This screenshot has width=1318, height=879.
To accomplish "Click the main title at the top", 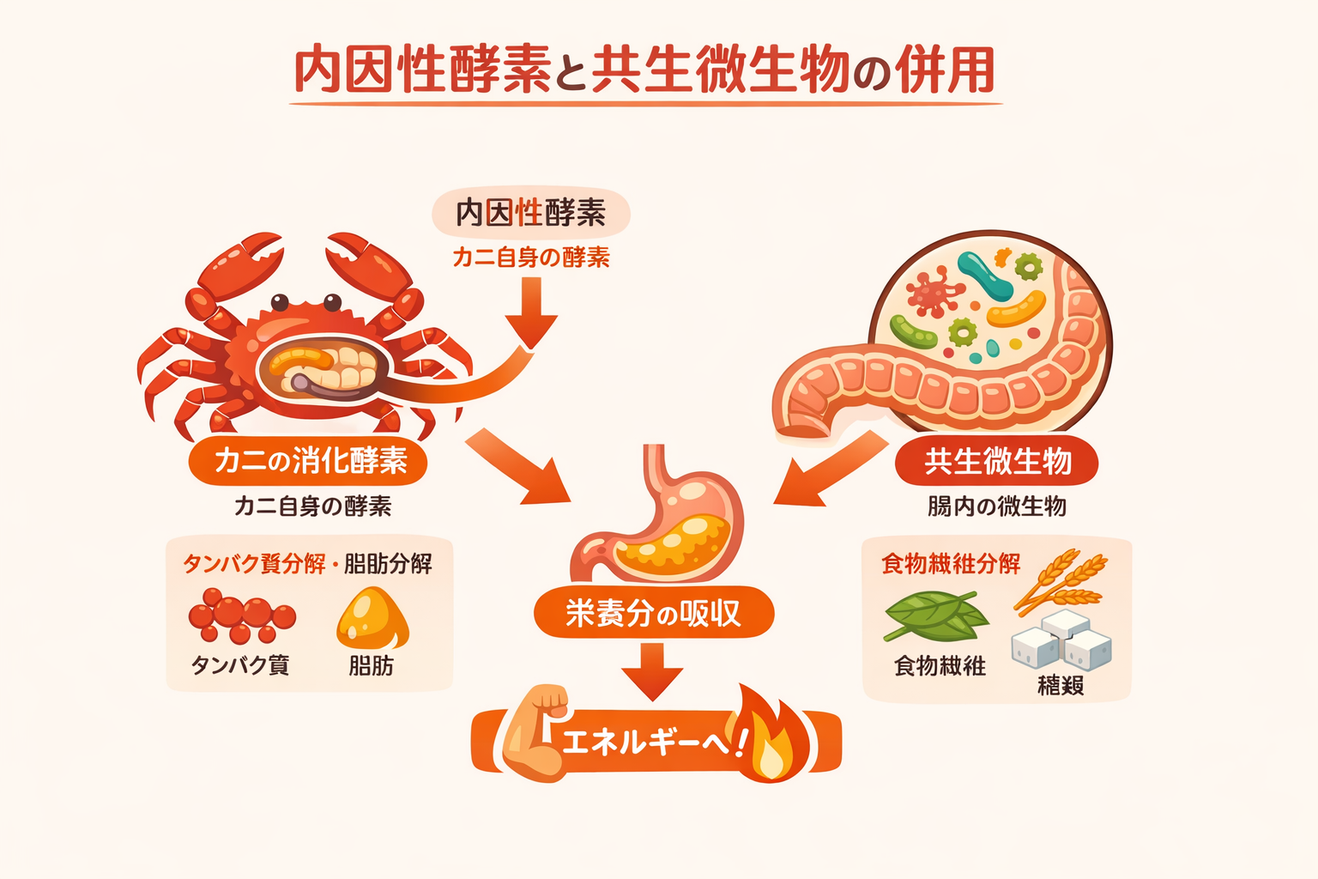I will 644,70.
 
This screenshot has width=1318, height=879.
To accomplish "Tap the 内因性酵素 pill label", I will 530,212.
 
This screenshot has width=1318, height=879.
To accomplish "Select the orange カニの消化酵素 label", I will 309,461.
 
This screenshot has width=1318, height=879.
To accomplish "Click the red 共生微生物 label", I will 997,462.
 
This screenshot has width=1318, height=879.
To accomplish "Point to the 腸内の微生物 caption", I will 996,506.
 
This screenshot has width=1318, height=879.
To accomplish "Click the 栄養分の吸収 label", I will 654,613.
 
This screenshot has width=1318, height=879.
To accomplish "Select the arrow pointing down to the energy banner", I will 652,670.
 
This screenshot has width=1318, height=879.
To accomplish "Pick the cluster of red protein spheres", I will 240,615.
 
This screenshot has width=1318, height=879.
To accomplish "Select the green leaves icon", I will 935,617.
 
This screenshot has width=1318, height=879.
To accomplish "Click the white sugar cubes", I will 1061,640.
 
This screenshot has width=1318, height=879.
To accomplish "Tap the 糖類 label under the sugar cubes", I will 1061,685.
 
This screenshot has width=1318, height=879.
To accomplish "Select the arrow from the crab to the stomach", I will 519,468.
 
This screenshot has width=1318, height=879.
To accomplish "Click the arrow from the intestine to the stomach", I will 828,468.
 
